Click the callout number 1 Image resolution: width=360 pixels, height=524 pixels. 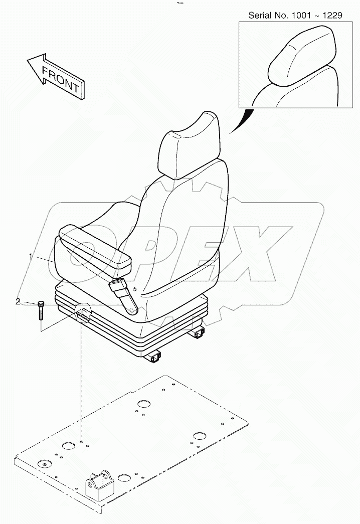click(x=31, y=257)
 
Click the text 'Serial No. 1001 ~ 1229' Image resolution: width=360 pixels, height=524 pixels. click(x=295, y=16)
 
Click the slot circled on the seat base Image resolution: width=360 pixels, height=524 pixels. click(x=82, y=315)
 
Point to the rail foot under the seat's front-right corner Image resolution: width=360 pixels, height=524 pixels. click(x=155, y=357)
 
